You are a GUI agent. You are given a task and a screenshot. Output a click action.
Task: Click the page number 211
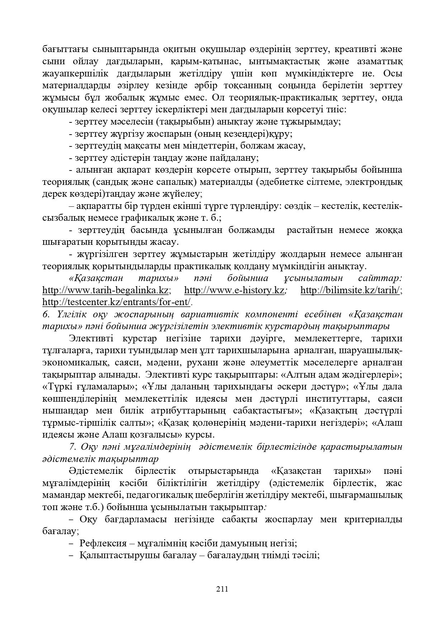(x=222, y=589)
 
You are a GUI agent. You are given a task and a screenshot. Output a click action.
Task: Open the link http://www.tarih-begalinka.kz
(x=106, y=290)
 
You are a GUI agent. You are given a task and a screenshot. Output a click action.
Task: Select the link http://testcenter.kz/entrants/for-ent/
(x=117, y=302)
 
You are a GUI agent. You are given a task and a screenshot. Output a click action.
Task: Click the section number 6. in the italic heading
(x=46, y=314)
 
